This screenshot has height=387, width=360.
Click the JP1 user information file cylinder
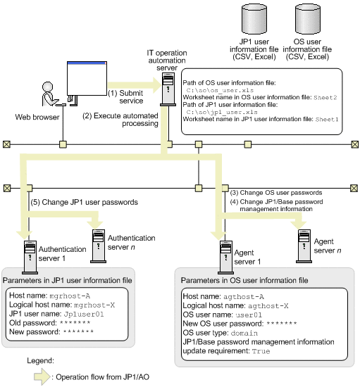click(254, 19)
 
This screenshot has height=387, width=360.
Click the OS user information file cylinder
click(308, 19)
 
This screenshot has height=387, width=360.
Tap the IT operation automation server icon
click(168, 89)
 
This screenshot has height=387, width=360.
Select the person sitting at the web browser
click(50, 94)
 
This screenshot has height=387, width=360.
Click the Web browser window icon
click(87, 79)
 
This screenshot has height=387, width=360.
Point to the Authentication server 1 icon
click(30, 258)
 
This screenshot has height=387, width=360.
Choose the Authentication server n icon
click(99, 246)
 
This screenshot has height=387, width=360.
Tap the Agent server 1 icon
click(225, 258)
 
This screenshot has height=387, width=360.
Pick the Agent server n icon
click(304, 246)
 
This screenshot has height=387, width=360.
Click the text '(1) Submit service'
click(126, 97)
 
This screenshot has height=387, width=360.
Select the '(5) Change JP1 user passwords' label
click(85, 203)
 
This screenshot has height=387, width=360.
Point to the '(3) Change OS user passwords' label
click(276, 193)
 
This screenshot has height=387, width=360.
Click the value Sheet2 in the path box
click(325, 98)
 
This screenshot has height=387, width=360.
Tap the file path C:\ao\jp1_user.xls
click(222, 113)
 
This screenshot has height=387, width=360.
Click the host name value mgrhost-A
click(70, 296)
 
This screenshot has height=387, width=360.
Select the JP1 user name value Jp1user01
click(84, 315)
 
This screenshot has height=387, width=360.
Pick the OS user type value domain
click(244, 334)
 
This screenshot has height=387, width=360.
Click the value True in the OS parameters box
click(261, 351)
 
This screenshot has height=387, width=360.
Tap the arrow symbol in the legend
click(42, 376)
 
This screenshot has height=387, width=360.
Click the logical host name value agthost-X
click(268, 306)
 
